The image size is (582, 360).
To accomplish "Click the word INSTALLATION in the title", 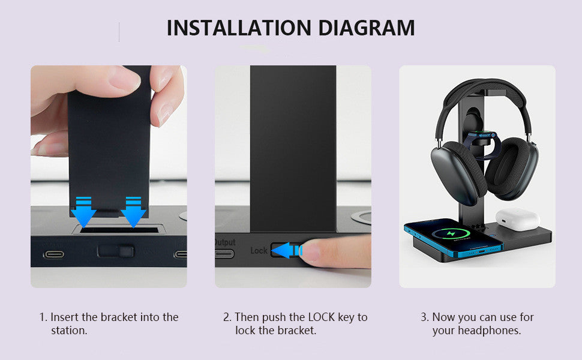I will click(238, 28).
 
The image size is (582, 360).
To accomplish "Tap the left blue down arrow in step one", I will click(83, 212).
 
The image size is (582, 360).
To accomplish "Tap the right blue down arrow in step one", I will click(133, 212).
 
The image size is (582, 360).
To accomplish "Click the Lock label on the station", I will click(259, 250).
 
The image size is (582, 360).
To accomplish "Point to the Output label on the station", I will click(225, 242).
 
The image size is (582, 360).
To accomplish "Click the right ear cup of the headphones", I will click(512, 168).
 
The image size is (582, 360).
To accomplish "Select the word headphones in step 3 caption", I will click(490, 331).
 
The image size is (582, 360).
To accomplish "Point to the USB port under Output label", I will click(225, 253).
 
